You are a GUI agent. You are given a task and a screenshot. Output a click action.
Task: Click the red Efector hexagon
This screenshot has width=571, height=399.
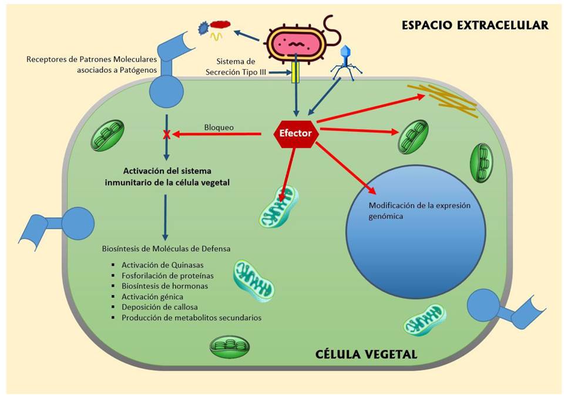tap(297, 133)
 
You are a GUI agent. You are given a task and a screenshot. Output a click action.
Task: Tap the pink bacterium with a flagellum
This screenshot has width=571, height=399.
tap(294, 43)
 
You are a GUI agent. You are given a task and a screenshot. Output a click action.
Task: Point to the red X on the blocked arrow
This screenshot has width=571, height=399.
tap(167, 135)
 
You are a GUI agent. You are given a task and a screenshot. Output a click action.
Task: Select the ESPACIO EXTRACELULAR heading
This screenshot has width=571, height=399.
tap(475, 25)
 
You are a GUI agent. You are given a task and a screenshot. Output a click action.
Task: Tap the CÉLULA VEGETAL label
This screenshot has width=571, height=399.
tap(366, 354)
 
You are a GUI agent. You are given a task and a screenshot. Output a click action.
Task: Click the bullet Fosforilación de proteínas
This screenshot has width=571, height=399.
tap(167, 275)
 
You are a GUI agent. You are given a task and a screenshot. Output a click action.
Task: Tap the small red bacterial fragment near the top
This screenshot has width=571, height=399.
tap(221, 25)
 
